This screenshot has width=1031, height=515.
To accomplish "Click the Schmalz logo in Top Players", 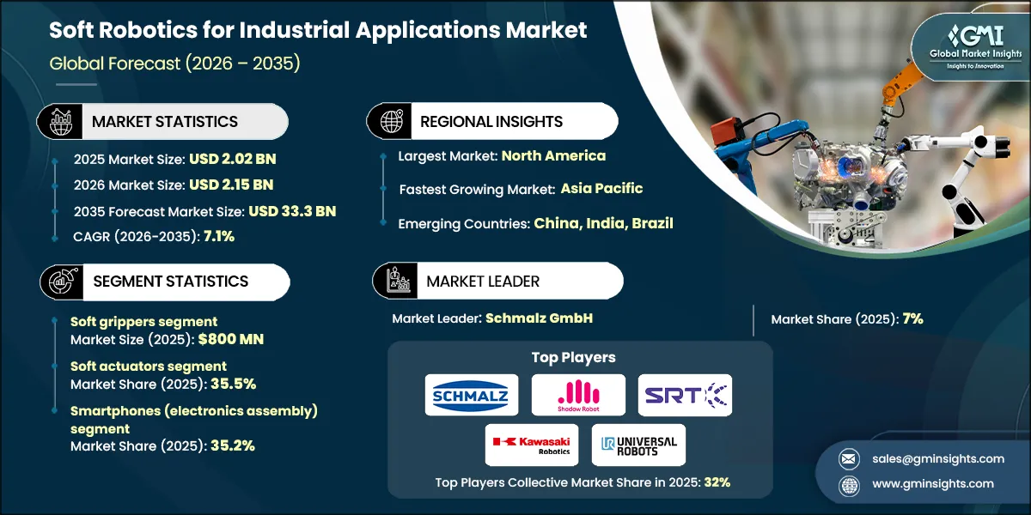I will click(x=472, y=396).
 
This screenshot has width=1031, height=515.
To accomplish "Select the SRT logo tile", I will click(x=685, y=396).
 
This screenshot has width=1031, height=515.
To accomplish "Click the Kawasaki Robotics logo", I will click(x=531, y=445).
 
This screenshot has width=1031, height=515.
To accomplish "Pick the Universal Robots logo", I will click(x=638, y=445).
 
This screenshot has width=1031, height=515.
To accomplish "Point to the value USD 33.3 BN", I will click(x=292, y=211).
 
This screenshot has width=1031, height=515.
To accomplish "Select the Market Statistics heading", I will click(x=165, y=121).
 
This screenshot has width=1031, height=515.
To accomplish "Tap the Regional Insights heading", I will click(x=491, y=121).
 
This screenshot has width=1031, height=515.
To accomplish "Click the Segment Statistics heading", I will click(x=170, y=282).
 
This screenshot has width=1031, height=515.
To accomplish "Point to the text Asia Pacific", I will click(x=601, y=188).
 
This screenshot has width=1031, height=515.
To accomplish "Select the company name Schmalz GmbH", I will click(x=539, y=318).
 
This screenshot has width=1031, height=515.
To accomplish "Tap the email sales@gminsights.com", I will click(x=926, y=459).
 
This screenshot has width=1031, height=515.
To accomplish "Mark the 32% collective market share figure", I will click(x=717, y=482).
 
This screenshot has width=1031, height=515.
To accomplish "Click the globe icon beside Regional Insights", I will click(x=391, y=121).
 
